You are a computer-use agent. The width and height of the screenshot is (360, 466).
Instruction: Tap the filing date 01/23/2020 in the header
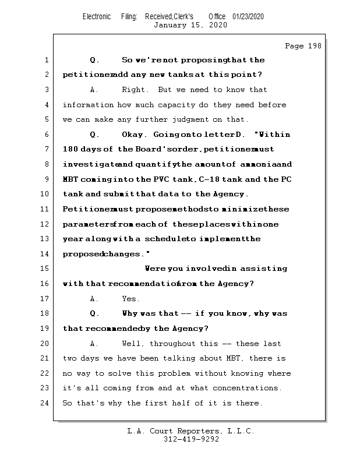tap(248, 16)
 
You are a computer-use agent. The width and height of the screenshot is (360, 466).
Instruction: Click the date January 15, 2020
tap(190, 25)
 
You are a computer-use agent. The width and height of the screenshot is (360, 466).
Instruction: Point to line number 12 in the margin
tap(45, 224)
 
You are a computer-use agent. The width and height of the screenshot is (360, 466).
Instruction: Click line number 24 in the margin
tap(45, 403)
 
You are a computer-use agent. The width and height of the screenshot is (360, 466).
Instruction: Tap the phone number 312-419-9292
tap(191, 440)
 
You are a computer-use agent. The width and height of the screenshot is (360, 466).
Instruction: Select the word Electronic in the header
tap(97, 16)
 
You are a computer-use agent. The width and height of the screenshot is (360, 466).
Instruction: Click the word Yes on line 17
tap(130, 299)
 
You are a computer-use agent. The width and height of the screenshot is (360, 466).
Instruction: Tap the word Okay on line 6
tap(136, 135)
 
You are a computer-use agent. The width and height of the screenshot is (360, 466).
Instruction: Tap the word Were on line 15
tap(155, 269)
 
